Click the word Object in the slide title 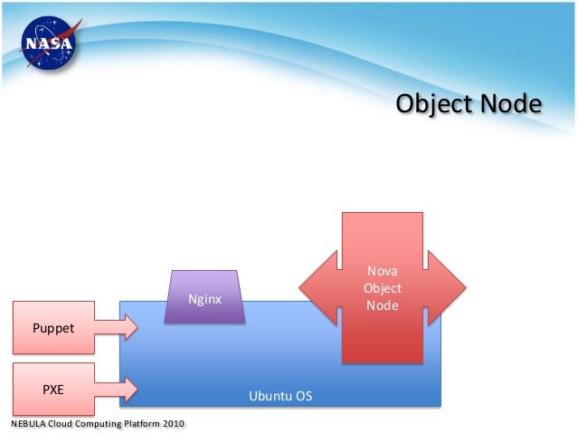(x=435, y=105)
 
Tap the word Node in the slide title (x=511, y=105)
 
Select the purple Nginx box (x=204, y=298)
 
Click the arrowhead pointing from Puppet (x=129, y=327)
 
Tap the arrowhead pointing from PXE (x=129, y=389)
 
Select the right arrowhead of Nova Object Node (x=449, y=287)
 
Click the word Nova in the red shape (x=382, y=271)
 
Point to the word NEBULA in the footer (x=29, y=424)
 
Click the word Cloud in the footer (x=59, y=424)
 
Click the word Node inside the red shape (x=382, y=305)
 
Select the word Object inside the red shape (x=382, y=288)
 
